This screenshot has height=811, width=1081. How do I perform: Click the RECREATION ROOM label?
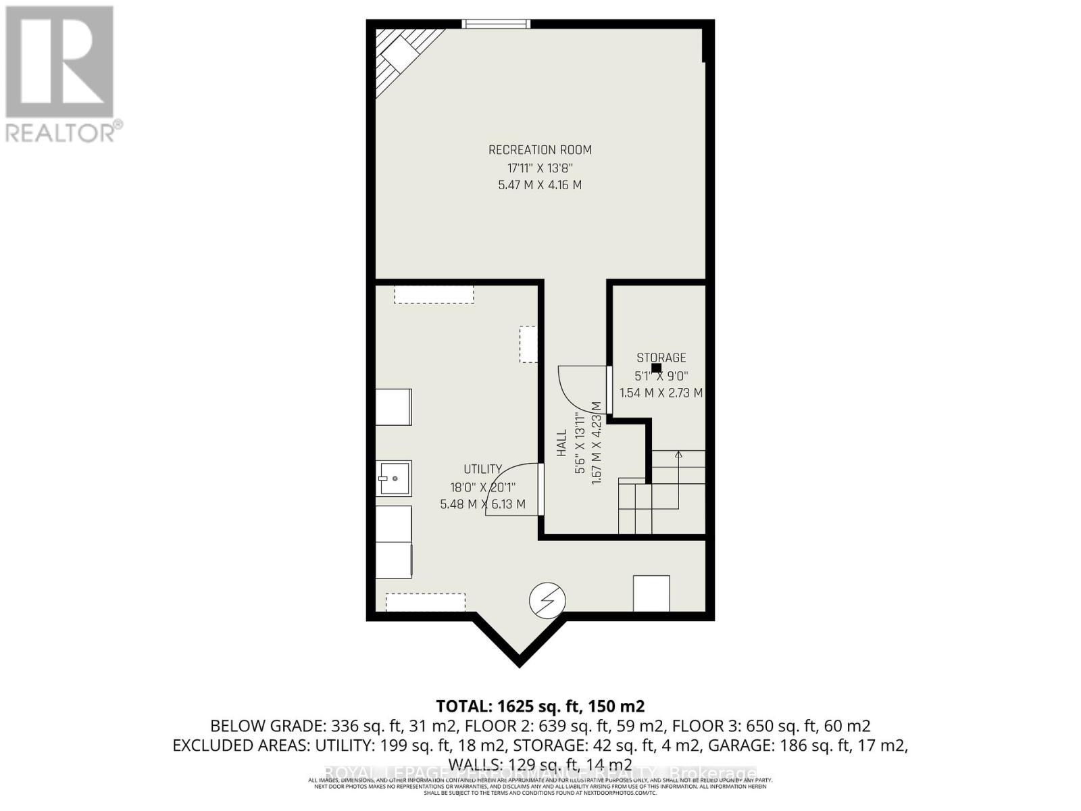point(540,150)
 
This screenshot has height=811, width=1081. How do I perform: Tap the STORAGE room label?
point(661,358)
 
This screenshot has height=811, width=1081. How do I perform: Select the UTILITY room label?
point(482,469)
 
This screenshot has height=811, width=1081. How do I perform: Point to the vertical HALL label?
point(562,443)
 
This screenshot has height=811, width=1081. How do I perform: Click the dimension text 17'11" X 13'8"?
point(540,168)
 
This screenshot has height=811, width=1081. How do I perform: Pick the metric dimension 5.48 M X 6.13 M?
point(482,504)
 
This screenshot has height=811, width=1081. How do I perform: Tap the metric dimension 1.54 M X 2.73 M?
point(661,393)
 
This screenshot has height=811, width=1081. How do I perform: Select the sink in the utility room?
point(394,478)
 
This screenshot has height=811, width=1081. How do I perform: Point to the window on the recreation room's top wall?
point(496,24)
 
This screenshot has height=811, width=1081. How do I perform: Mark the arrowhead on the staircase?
point(678,454)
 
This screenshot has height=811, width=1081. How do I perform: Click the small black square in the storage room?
point(656,368)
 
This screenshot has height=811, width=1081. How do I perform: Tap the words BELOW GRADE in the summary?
point(267,726)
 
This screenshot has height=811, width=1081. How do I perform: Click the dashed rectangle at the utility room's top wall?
point(434,294)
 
